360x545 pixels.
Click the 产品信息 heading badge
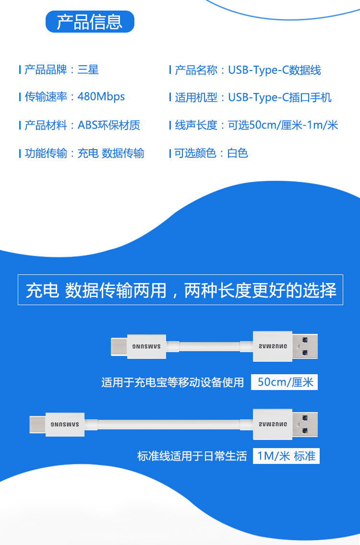click(90, 22)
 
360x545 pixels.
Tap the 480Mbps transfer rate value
click(101, 96)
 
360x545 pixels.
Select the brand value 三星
click(88, 70)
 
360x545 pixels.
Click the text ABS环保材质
click(109, 125)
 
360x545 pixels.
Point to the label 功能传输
click(46, 154)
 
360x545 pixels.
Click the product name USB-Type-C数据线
click(275, 71)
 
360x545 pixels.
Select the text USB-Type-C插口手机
click(280, 98)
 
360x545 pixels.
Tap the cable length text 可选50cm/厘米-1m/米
click(283, 125)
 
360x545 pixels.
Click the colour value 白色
click(238, 154)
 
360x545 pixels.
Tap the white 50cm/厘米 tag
click(285, 382)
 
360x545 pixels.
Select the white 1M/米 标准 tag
click(286, 456)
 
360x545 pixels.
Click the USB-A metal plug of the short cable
click(305, 346)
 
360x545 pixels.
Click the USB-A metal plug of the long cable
click(305, 424)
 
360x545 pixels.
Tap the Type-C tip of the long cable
click(37, 424)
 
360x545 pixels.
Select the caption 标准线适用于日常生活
click(192, 456)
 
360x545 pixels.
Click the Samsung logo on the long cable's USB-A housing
click(273, 425)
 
